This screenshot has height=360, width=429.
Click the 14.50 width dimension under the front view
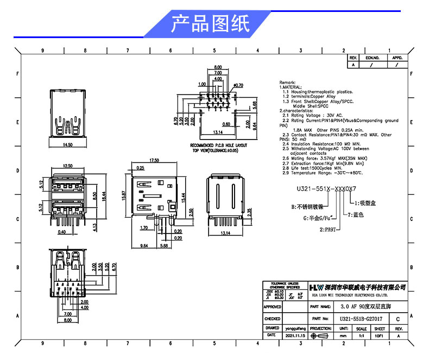[68, 145]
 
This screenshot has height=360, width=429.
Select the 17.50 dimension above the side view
[154, 160]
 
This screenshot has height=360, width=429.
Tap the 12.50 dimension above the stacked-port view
[68, 166]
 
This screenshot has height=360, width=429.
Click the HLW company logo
[314, 287]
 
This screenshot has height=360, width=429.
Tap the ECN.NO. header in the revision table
[371, 57]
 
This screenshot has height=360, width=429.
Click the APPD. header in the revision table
[397, 57]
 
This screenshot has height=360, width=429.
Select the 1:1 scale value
[362, 336]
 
